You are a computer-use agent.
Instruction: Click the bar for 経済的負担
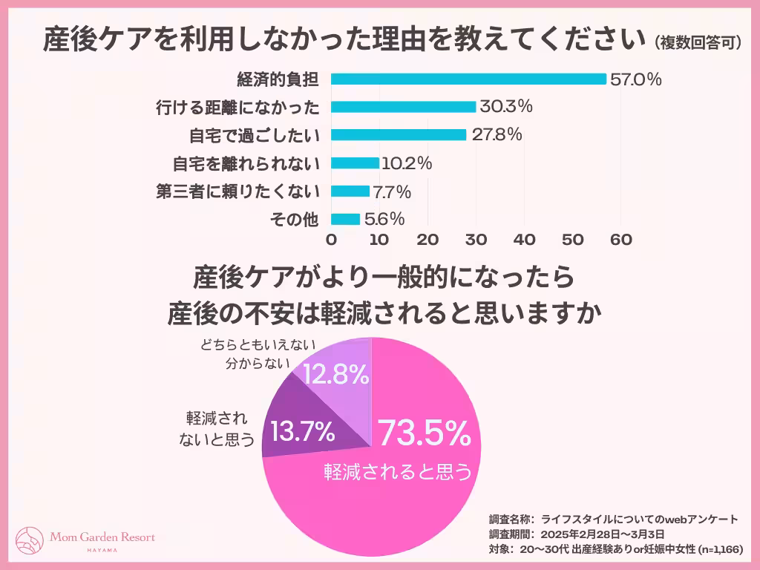468,79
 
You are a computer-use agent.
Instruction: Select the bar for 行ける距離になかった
403,107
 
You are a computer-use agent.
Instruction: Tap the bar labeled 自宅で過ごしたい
399,135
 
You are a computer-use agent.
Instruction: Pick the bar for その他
345,219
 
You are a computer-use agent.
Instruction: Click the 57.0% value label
635,79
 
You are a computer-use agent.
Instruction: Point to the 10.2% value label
406,163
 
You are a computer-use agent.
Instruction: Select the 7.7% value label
391,191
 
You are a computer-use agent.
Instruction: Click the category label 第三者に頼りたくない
237,191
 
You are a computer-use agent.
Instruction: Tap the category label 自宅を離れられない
246,163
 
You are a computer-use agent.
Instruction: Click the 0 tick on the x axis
331,240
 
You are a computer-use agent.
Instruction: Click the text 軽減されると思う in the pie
398,472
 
